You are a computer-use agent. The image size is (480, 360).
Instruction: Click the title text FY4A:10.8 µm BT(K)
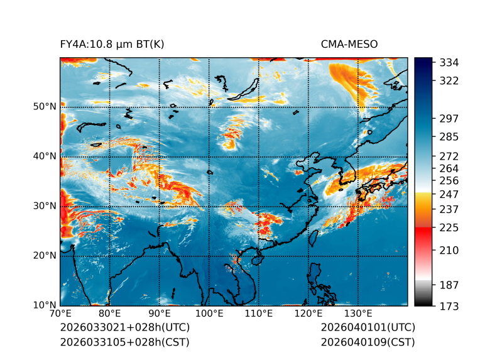[112, 44]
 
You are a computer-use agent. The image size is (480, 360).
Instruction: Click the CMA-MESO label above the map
[349, 44]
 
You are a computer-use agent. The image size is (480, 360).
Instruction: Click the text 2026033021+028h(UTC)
[124, 328]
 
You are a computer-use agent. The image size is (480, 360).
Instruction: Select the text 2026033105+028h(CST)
[124, 342]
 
